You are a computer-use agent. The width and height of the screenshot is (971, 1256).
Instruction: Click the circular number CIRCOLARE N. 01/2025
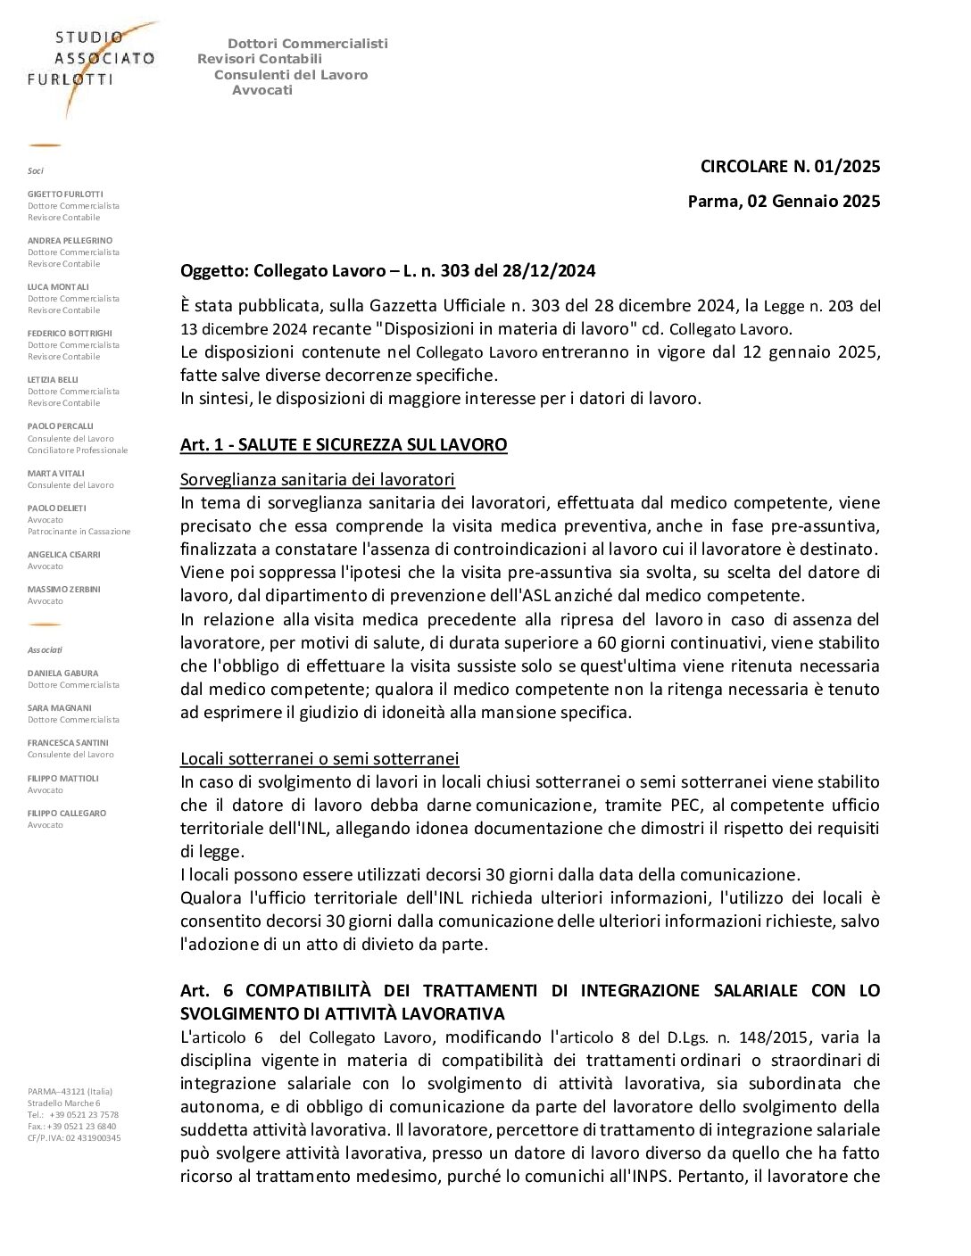(x=790, y=166)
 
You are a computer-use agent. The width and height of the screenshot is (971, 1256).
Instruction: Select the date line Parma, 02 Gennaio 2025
(x=784, y=201)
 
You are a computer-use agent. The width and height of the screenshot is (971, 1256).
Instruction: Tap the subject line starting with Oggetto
(x=387, y=270)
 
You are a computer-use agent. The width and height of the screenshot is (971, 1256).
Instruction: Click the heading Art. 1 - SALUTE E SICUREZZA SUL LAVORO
(x=344, y=444)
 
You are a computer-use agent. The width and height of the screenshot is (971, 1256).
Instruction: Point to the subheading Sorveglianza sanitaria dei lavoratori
(x=318, y=479)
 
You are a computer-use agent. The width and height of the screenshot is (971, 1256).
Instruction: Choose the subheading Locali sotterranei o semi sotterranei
(x=320, y=758)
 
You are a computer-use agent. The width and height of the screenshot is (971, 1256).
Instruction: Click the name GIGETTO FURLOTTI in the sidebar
(x=65, y=194)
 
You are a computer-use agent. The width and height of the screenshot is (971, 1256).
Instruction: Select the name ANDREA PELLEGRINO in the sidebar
(x=70, y=240)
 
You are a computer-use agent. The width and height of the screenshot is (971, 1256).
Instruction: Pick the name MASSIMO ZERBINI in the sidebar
(x=64, y=590)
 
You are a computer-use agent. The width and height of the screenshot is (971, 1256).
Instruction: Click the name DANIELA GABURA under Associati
(x=62, y=673)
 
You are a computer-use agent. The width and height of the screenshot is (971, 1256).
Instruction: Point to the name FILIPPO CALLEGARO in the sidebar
(x=66, y=813)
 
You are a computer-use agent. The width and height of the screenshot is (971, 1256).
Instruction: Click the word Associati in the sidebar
(x=45, y=650)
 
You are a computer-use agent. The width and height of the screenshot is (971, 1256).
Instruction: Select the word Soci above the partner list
(x=36, y=170)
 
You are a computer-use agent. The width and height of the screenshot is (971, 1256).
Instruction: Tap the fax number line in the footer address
(x=71, y=1126)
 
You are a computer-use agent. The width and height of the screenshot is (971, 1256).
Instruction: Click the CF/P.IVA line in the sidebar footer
(x=74, y=1137)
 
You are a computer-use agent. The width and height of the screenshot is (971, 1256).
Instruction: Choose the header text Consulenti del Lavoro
(x=291, y=75)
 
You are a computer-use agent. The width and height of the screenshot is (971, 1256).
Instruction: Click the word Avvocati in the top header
(x=262, y=90)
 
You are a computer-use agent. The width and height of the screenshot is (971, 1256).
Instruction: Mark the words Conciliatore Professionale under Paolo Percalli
(x=78, y=450)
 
